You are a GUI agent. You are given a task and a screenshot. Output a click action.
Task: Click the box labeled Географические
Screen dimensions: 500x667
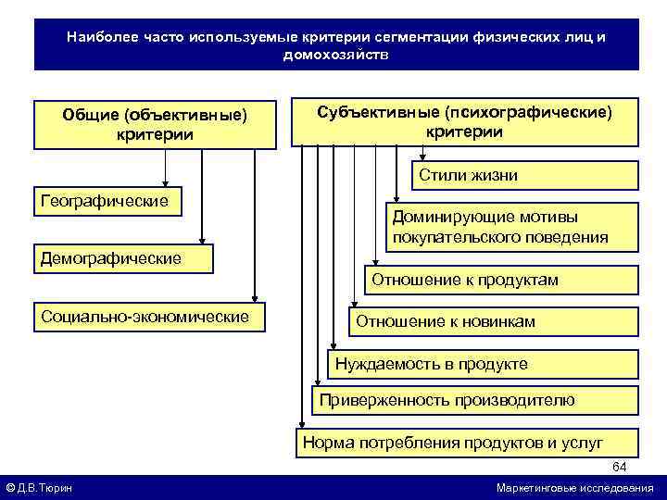[x=107, y=201]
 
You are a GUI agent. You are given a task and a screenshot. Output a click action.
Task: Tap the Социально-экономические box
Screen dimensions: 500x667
[x=148, y=317]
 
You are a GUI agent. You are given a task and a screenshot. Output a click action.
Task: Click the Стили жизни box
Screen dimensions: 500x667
[x=524, y=175]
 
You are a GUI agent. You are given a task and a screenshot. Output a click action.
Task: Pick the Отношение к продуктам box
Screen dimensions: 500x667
[x=500, y=280]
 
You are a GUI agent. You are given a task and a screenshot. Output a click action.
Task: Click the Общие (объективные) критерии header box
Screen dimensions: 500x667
[x=155, y=125]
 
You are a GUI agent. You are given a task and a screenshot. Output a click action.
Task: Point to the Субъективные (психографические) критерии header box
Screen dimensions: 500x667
[x=465, y=121]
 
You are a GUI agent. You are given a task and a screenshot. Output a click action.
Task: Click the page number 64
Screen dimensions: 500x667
[x=620, y=466]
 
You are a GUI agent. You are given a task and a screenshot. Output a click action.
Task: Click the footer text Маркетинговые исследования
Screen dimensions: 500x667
[x=574, y=488]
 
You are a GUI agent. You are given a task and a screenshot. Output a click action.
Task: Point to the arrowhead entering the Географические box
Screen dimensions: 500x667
[x=167, y=183]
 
